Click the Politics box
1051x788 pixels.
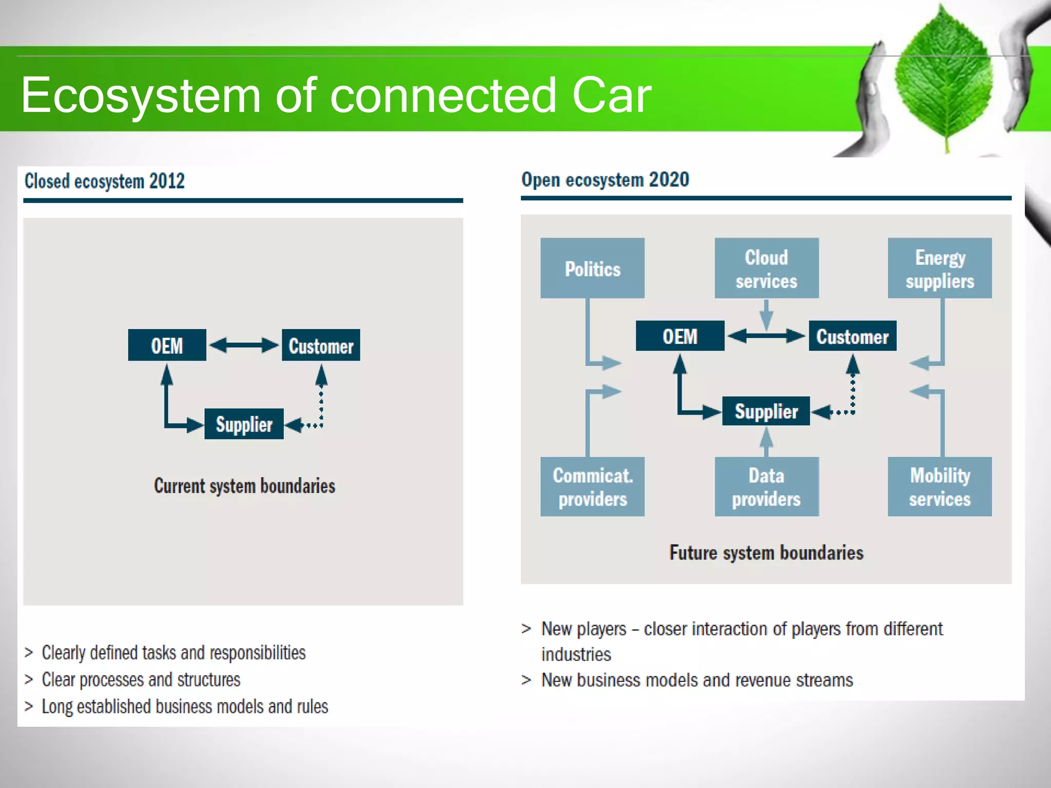pos(592,268)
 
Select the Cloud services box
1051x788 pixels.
pos(766,268)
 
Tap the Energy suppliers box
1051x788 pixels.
pos(940,268)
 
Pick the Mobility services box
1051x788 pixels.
pos(940,486)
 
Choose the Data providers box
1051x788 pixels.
pos(766,486)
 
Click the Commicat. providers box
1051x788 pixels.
pos(592,486)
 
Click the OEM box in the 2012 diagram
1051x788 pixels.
pos(167,345)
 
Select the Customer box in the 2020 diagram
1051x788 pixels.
pos(852,336)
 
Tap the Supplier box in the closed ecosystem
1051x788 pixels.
pos(244,424)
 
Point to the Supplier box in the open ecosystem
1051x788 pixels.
pos(766,411)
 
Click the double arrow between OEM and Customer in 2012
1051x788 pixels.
pos(244,345)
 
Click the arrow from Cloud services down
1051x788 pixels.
pos(766,314)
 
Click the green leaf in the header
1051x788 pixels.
pos(943,77)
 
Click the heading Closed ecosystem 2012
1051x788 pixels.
pos(105,181)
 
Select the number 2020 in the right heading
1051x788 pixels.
pos(669,180)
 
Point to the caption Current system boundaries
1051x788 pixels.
pos(244,486)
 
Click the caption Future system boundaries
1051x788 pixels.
pos(766,553)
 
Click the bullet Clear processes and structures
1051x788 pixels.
pos(141,680)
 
